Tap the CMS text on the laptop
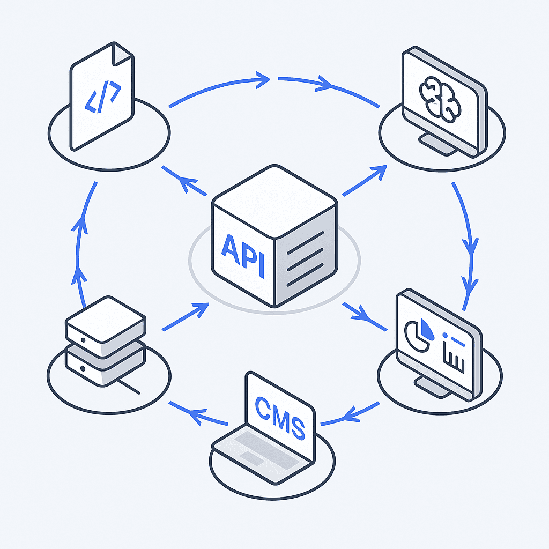279,419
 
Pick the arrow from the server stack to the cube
185,316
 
